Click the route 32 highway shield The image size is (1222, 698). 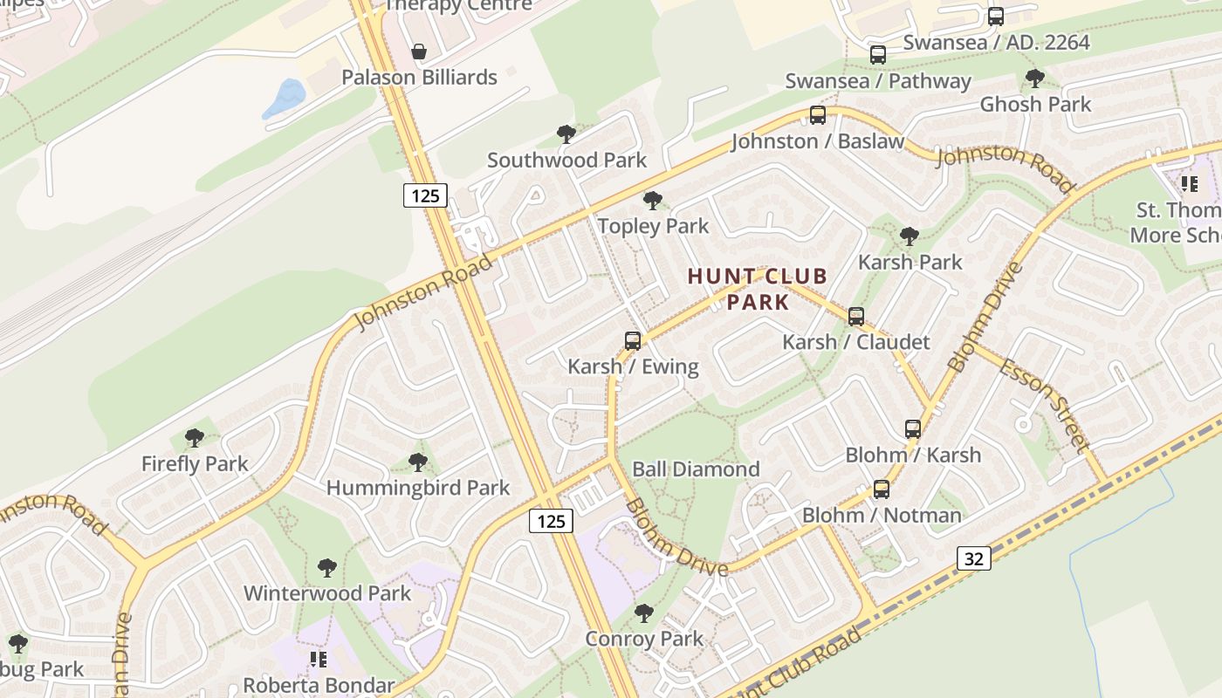(973, 558)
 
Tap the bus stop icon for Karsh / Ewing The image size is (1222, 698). (633, 341)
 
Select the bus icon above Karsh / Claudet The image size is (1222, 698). (856, 317)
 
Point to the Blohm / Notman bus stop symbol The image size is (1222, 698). (882, 489)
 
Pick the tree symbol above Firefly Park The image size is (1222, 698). (195, 438)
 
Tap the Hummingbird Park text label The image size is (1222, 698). (418, 488)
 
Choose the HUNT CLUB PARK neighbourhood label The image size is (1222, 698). (758, 290)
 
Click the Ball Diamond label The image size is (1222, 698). (696, 469)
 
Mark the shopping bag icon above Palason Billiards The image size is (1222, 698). (419, 51)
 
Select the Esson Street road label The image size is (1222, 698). (1045, 406)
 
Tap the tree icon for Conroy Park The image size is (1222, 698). (644, 613)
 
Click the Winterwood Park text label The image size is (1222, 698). (327, 593)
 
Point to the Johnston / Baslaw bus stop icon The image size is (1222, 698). (818, 115)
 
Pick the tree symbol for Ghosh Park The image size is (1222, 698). (1035, 79)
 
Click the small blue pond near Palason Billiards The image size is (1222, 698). (285, 99)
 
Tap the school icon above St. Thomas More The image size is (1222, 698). (1189, 184)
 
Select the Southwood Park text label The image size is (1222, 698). (567, 160)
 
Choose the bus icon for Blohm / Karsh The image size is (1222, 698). (913, 429)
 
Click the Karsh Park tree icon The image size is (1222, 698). (910, 236)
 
